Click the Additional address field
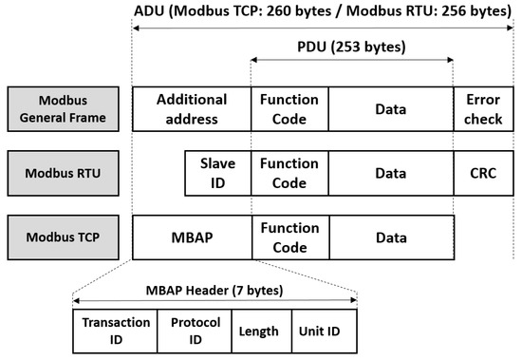[192, 109]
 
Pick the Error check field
[484, 109]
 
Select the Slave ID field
[217, 174]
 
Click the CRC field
[484, 174]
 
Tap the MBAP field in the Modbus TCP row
[192, 237]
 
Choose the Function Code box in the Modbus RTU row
[289, 174]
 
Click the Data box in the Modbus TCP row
[391, 237]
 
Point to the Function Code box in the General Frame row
[289, 109]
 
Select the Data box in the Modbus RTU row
[391, 174]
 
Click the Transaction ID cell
[116, 331]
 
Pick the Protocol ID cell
[195, 331]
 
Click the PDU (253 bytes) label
[351, 46]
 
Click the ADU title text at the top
[323, 11]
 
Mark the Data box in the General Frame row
[391, 109]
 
